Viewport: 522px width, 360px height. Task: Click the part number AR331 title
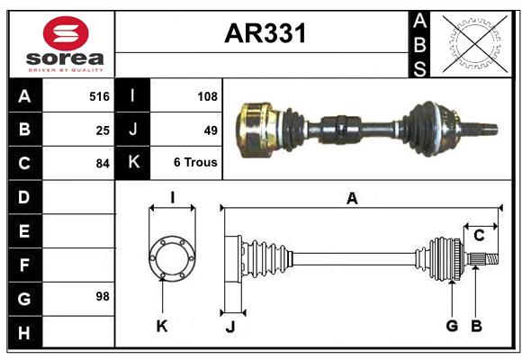[x=265, y=33]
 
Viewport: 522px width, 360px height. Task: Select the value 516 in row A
[x=99, y=95]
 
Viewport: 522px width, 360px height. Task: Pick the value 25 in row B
[x=103, y=130]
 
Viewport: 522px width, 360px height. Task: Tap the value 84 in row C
[x=103, y=164]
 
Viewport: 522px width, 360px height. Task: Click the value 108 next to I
[x=207, y=95]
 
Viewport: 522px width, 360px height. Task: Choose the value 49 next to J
[x=211, y=130]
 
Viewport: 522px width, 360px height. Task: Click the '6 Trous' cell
[x=196, y=164]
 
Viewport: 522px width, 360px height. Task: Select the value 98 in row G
[x=103, y=295]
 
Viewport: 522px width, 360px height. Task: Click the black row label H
[x=24, y=334]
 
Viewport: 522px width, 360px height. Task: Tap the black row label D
[x=24, y=196]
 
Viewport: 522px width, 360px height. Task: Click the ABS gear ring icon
[x=473, y=43]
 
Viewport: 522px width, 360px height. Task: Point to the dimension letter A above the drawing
[x=352, y=199]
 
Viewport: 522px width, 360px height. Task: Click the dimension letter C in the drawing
[x=480, y=236]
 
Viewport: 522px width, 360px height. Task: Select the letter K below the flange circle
[x=162, y=326]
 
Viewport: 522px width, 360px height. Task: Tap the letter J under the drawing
[x=230, y=327]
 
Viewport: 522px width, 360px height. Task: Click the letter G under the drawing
[x=452, y=326]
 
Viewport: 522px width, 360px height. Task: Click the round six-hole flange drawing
[x=171, y=258]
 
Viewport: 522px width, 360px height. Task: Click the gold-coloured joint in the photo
[x=259, y=125]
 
